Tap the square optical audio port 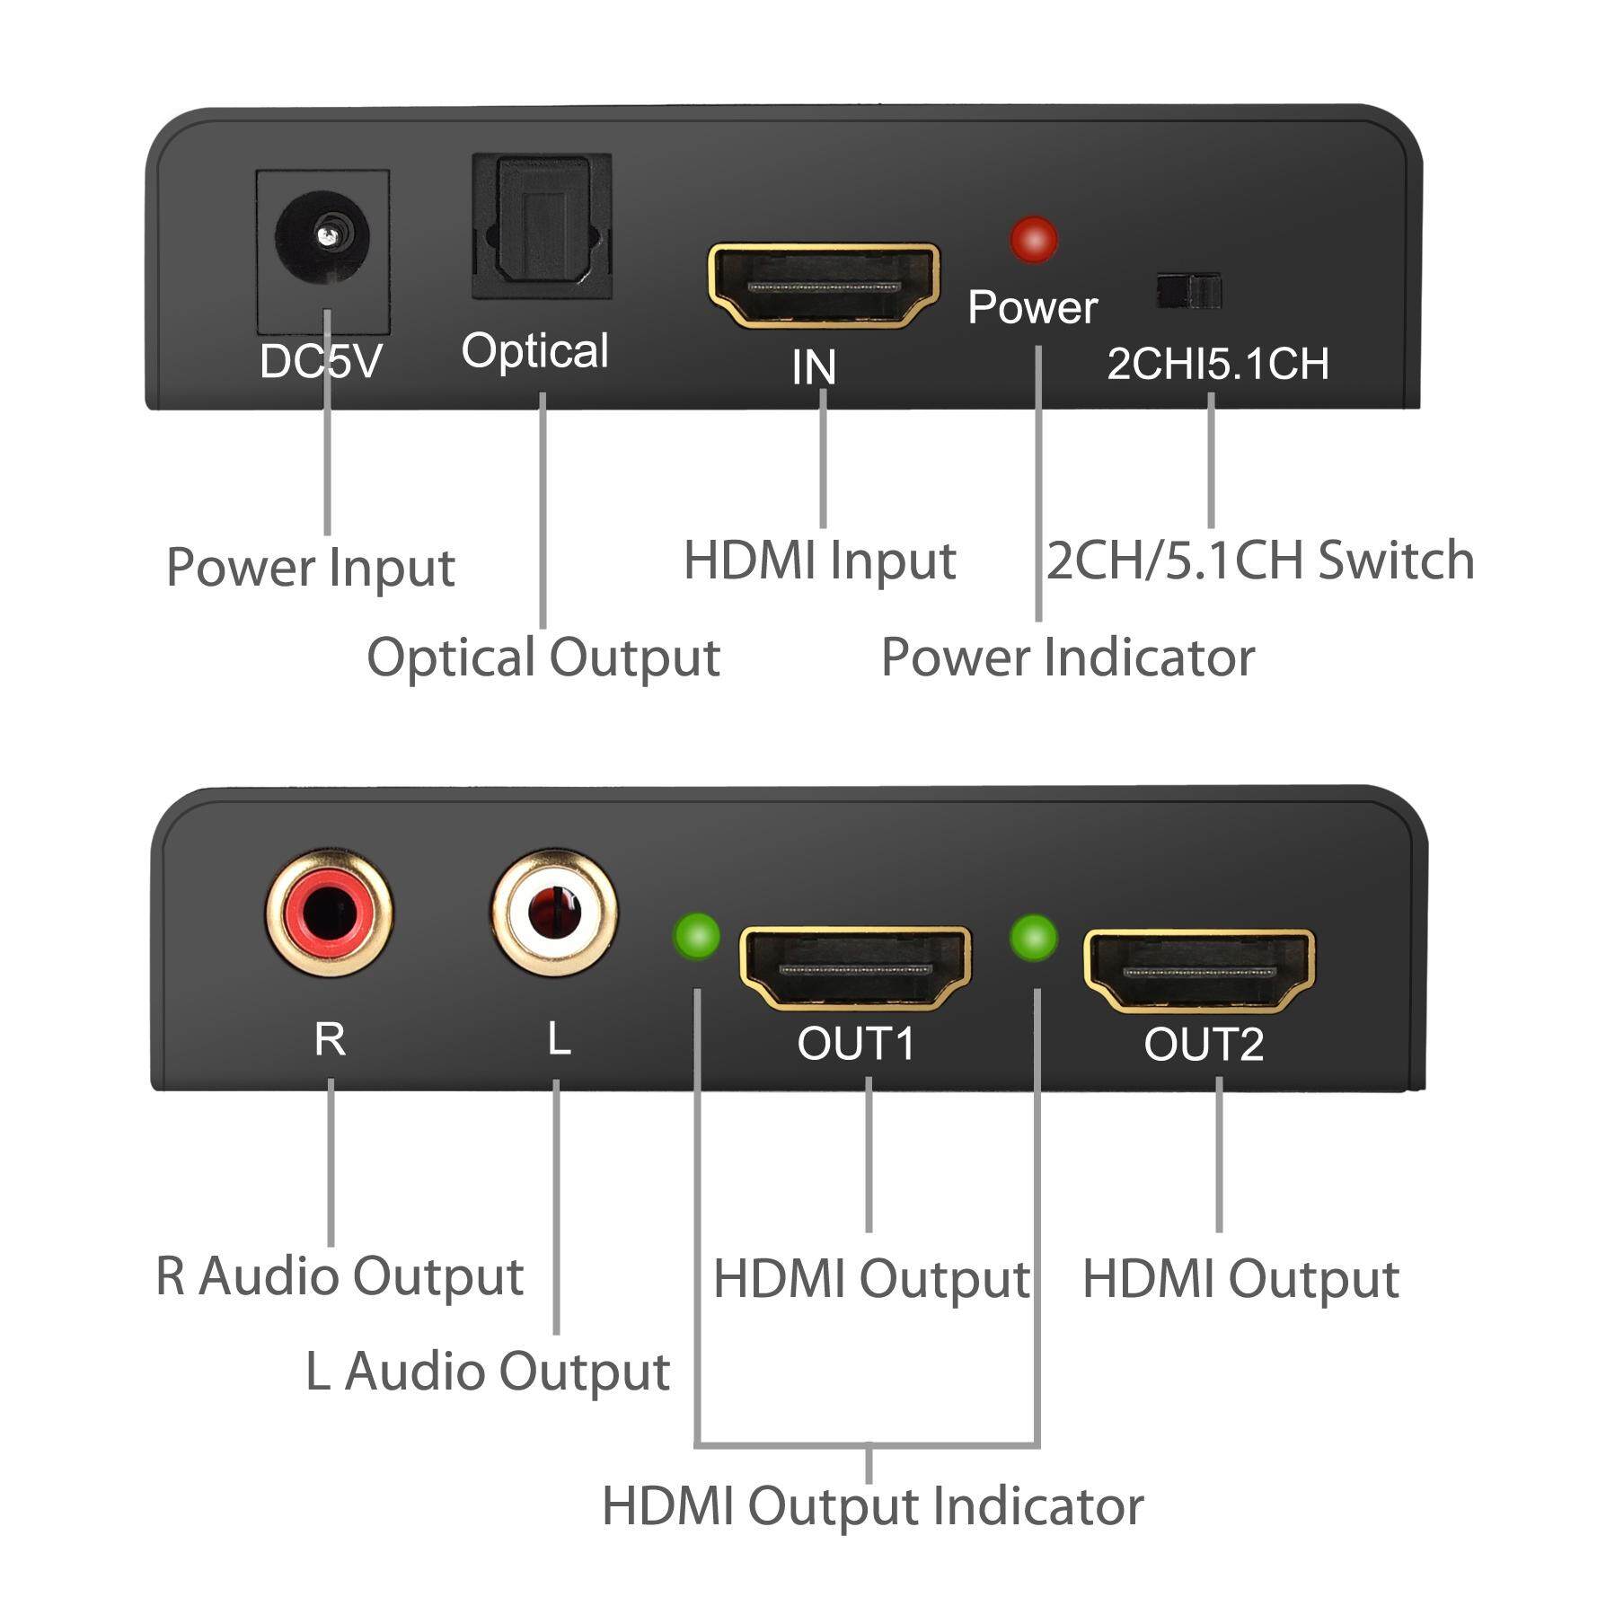[x=543, y=226]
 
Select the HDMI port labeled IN [x=824, y=285]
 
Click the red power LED [x=1033, y=239]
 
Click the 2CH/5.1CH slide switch [x=1189, y=292]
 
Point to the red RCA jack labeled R [x=329, y=913]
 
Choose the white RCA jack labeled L [x=554, y=913]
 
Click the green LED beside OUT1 [x=697, y=936]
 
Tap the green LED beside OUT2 [x=1034, y=938]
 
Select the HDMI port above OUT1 [x=855, y=969]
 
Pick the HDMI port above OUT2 [x=1200, y=970]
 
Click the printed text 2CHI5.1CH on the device [x=1217, y=364]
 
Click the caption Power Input [x=311, y=568]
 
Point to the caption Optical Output [x=543, y=657]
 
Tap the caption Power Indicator [x=1068, y=657]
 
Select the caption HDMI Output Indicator [x=872, y=1506]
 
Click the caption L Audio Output [x=488, y=1372]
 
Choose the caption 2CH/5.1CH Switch [x=1260, y=560]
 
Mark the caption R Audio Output [x=340, y=1276]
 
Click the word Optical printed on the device [x=535, y=350]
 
